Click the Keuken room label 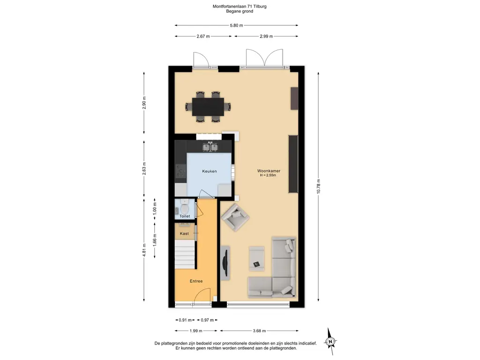[x=210, y=171]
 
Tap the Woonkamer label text [x=269, y=171]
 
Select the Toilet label [x=185, y=216]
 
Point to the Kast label [x=184, y=233]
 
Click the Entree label [x=196, y=281]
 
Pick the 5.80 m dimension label [x=236, y=25]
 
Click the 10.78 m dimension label [x=318, y=186]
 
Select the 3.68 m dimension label [x=259, y=330]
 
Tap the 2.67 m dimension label [x=203, y=36]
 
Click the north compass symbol [x=330, y=341]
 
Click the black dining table [x=208, y=107]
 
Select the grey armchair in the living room [x=235, y=217]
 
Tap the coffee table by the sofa [x=256, y=259]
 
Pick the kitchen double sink [x=210, y=147]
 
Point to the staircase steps [x=185, y=255]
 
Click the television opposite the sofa [x=225, y=263]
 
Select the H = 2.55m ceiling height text [x=268, y=175]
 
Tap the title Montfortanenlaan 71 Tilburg [x=240, y=6]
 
